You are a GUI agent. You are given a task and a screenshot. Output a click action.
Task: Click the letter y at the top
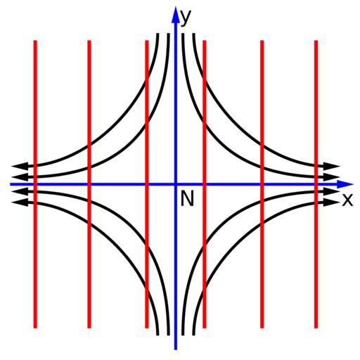coord(186,18)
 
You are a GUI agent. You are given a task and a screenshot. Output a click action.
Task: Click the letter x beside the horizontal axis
coord(347,200)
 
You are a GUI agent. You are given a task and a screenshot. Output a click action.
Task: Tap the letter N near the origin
coord(187,198)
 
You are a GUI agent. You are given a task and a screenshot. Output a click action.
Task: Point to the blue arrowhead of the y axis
coord(175,15)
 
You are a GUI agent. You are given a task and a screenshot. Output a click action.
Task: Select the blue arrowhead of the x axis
coord(345,184)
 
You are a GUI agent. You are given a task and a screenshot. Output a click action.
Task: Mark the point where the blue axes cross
coord(176,184)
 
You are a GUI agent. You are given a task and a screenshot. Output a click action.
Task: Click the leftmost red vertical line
coord(35,184)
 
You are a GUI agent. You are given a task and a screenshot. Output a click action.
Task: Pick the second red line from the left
coord(89,184)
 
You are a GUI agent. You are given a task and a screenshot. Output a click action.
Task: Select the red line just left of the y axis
coord(147,184)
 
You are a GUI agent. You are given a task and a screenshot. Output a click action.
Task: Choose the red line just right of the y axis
coord(205,184)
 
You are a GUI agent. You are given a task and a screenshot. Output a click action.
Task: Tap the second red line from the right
coord(262,184)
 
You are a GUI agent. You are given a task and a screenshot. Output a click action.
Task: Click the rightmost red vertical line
coord(316,184)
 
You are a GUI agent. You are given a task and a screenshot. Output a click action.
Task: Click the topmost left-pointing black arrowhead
coord(20,167)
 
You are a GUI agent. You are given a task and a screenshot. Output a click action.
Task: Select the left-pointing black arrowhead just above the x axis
coord(20,176)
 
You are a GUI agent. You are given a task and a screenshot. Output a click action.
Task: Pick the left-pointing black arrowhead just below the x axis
coord(20,192)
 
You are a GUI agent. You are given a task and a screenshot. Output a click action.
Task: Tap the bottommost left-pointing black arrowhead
coord(20,202)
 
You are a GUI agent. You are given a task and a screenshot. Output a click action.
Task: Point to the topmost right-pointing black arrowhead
coord(332,167)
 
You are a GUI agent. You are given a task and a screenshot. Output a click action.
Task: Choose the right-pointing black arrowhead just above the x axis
coord(332,176)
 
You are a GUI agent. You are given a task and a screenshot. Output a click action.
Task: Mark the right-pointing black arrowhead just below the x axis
coord(332,192)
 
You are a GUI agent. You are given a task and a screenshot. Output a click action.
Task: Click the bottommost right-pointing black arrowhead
coord(332,202)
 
